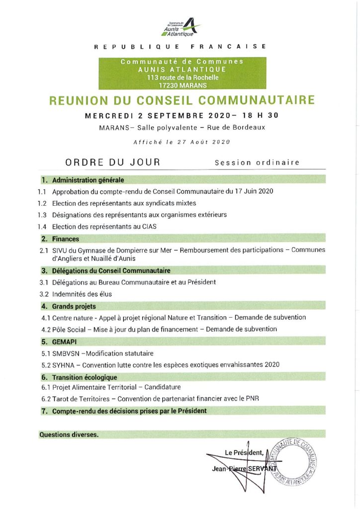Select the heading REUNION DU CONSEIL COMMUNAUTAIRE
click(x=181, y=100)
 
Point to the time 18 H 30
click(x=259, y=115)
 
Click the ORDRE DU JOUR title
click(x=112, y=162)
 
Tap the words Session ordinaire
click(x=257, y=163)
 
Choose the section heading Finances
click(x=66, y=239)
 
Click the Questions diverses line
click(x=69, y=434)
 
